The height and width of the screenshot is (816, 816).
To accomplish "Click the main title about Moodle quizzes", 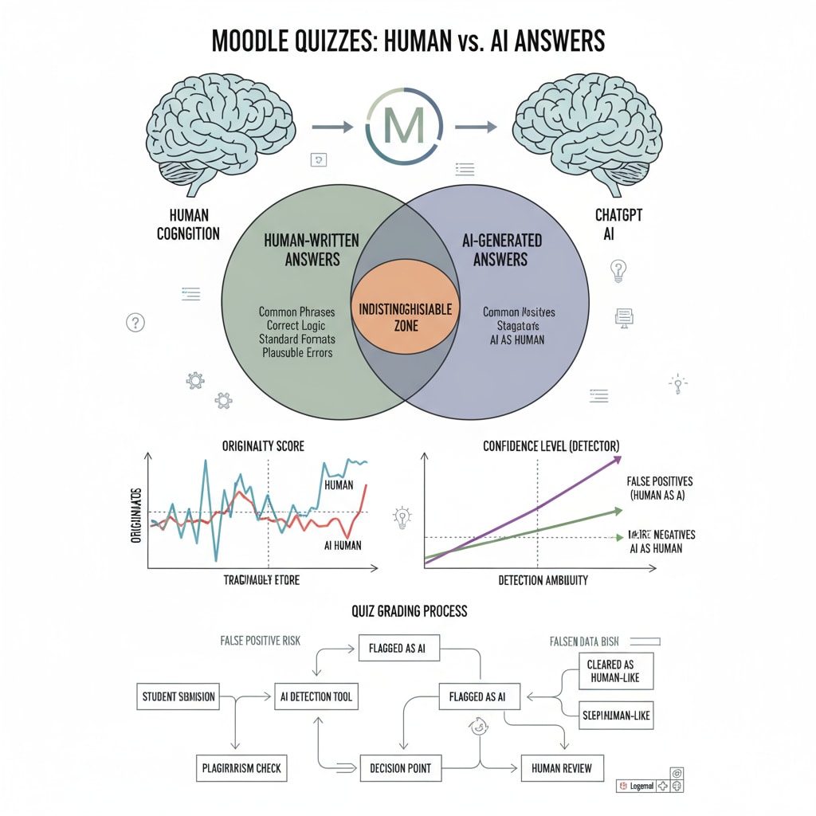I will tap(407, 41).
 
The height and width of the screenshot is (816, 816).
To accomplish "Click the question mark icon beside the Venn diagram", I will tap(135, 323).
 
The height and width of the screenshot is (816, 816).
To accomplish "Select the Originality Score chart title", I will tap(263, 445).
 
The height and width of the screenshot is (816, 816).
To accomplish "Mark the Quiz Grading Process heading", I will tap(409, 611).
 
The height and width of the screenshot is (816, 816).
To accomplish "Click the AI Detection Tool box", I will tap(315, 696).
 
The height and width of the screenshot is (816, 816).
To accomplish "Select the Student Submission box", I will tap(177, 696).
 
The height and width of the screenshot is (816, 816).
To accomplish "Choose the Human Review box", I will tap(563, 768).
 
